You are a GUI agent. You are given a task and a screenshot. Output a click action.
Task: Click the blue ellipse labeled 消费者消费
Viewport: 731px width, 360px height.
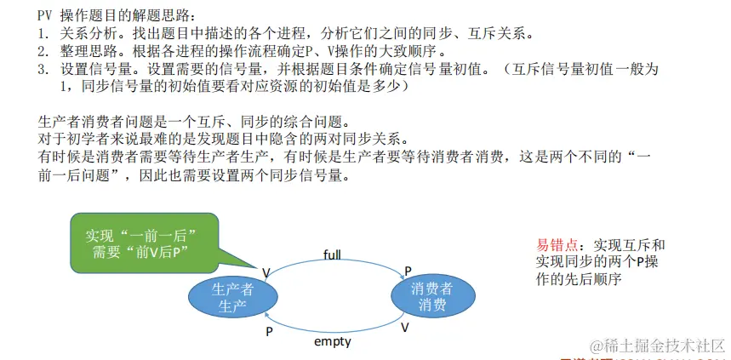click(432, 296)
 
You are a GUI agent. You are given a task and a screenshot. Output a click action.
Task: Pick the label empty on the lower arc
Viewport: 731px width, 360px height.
click(332, 341)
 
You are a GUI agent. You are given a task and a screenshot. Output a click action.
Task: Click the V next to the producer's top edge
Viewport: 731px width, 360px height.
click(266, 272)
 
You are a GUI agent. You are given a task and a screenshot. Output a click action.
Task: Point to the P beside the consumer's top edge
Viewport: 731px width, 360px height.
click(408, 270)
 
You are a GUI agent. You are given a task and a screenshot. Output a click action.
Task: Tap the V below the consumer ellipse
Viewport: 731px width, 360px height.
click(405, 327)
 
